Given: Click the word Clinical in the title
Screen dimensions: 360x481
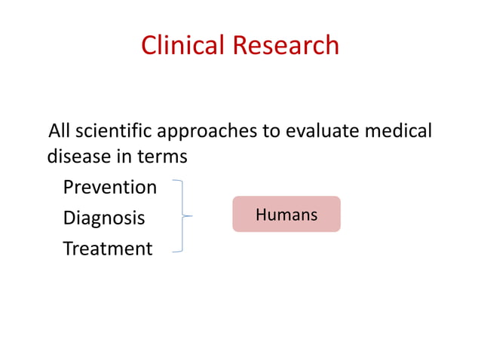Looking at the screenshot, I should tap(183, 46).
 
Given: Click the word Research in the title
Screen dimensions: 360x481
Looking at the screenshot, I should tap(286, 46).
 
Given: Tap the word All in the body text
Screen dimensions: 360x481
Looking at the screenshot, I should tap(60, 132).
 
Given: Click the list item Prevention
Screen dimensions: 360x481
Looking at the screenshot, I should tap(109, 188).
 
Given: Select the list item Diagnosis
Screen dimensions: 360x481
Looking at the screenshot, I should tap(103, 218).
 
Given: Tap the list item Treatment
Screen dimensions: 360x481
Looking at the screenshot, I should tap(107, 249).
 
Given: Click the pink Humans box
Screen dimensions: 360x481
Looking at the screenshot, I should tap(286, 215).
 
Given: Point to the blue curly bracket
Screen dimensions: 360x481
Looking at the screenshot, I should tap(181, 216).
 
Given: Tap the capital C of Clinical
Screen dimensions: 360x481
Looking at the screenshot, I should tap(149, 46).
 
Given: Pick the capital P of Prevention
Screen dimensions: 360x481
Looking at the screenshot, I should tap(69, 188).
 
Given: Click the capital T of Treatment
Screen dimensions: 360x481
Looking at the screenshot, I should tap(68, 249).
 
